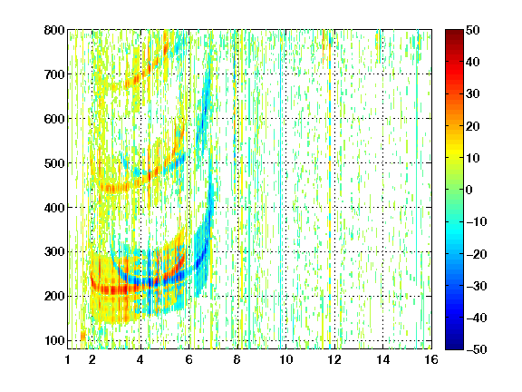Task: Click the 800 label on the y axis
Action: tap(54, 30)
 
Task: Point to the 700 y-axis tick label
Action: tap(54, 74)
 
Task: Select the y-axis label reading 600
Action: tap(54, 119)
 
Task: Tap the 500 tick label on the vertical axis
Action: tap(54, 163)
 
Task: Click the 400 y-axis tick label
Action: tap(54, 208)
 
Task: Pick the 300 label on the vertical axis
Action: tap(54, 252)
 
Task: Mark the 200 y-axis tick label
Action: tap(54, 297)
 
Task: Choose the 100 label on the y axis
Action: tap(54, 340)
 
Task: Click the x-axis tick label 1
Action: tap(68, 359)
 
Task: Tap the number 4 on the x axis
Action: tap(140, 359)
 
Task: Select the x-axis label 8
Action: tap(237, 359)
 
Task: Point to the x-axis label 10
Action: tap(286, 359)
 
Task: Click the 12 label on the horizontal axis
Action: tap(334, 359)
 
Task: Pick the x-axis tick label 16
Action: tap(431, 359)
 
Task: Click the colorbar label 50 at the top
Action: tap(473, 30)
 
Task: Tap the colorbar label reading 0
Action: tap(469, 190)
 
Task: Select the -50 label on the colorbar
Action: tap(477, 349)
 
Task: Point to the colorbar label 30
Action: tap(473, 94)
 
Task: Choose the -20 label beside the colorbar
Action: tap(477, 254)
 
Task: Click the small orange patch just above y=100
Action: tap(82, 335)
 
